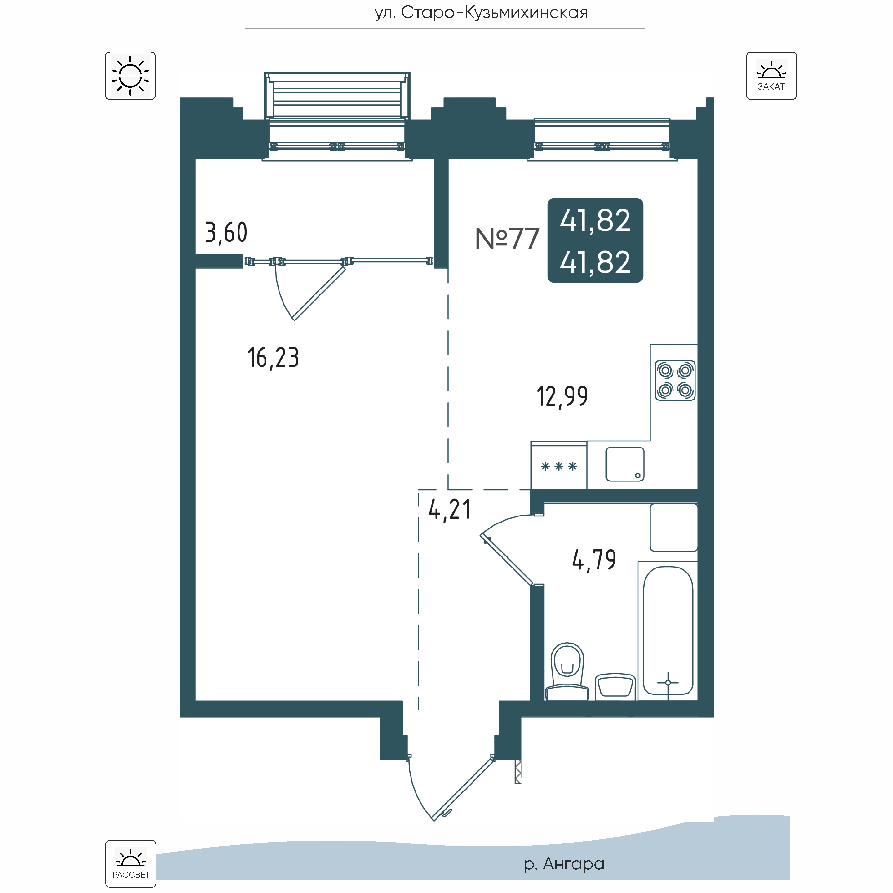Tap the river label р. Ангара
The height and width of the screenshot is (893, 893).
[x=564, y=863]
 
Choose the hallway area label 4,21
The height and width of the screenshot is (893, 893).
[x=449, y=510]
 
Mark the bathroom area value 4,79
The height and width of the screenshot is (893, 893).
[x=594, y=560]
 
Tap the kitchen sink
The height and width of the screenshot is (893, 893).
[x=625, y=464]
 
